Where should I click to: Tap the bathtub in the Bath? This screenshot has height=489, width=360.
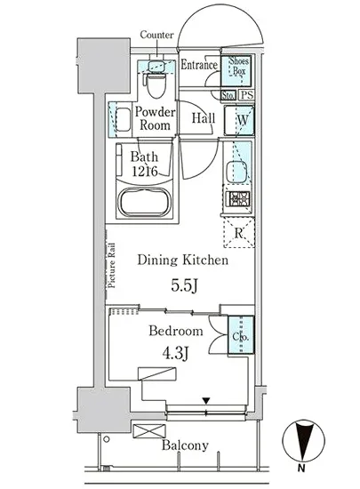click(x=145, y=202)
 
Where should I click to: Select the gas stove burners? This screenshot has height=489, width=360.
click(x=239, y=198)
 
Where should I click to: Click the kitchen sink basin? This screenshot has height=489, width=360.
click(x=236, y=172)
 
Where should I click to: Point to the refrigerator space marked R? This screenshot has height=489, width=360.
click(x=239, y=232)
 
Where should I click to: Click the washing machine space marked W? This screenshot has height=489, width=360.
click(x=239, y=120)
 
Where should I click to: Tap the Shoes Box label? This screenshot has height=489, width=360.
click(x=239, y=66)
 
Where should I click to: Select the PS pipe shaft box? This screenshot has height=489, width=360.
click(x=247, y=95)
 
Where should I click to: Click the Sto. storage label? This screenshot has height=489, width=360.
click(x=228, y=95)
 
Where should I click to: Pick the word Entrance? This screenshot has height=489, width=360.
click(x=199, y=65)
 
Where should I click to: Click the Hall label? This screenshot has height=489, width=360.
click(x=204, y=118)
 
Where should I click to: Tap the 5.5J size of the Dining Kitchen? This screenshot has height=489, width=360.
click(x=184, y=285)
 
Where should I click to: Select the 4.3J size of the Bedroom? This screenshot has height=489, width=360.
click(x=175, y=354)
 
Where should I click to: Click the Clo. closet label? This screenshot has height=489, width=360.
click(x=240, y=337)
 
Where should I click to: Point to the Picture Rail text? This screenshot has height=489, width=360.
click(x=111, y=266)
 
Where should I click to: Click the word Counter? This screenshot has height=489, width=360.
click(x=156, y=35)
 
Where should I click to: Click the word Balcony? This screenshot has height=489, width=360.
click(x=185, y=445)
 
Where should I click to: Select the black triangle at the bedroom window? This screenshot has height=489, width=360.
click(x=205, y=400)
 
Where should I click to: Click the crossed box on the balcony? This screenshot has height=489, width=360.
click(x=149, y=431)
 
